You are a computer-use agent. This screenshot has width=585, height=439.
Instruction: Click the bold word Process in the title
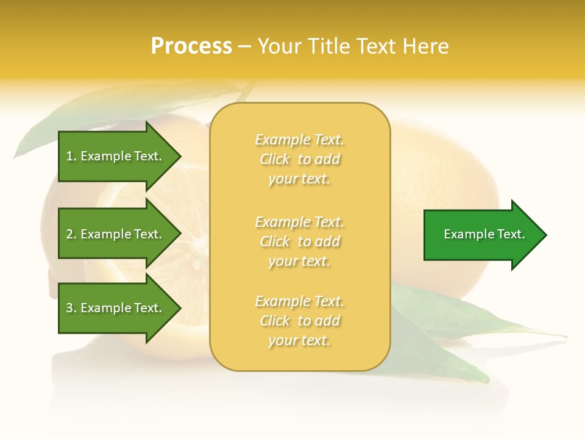191,46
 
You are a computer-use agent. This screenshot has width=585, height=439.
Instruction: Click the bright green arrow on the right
481,235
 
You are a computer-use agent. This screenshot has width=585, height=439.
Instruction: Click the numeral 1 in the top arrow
69,156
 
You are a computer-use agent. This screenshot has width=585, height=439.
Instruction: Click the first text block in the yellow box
299,159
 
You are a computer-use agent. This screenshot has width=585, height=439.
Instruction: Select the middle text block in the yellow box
299,241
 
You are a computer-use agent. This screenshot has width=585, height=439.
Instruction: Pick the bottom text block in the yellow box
299,321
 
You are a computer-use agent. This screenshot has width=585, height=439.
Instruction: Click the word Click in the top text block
275,159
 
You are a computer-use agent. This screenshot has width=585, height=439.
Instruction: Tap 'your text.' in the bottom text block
299,340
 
